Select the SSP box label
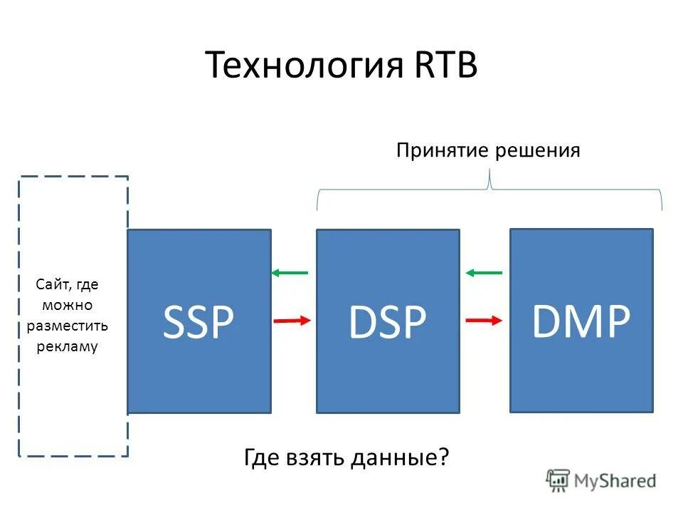point(198,322)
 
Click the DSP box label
point(387,322)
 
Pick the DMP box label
point(581,322)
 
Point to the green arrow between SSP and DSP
point(290,273)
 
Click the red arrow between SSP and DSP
point(292,321)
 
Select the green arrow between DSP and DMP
point(484,272)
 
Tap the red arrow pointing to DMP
point(483,321)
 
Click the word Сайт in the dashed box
point(52,285)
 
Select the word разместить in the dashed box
point(68,326)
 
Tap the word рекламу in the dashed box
point(68,347)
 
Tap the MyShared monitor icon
point(558,480)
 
